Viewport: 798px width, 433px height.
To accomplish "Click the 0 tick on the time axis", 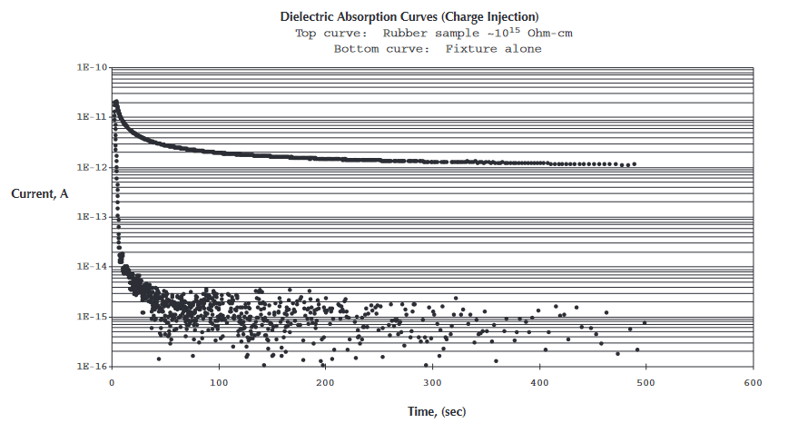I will click(111, 382).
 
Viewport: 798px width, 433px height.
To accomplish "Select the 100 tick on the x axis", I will click(218, 382).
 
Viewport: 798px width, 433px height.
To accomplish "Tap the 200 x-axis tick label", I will click(325, 382).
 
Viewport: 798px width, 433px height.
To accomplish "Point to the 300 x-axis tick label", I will click(432, 382).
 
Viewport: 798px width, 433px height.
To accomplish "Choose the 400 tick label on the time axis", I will click(539, 382).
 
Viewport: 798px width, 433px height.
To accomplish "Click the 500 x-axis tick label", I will click(646, 382).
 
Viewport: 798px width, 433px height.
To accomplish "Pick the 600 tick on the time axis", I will click(754, 382).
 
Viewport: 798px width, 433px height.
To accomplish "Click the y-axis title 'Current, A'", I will click(40, 193).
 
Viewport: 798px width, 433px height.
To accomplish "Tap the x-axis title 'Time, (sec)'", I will click(436, 411).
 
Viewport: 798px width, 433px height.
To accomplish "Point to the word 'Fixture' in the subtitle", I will click(470, 49).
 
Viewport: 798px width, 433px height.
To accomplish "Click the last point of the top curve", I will click(634, 164).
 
